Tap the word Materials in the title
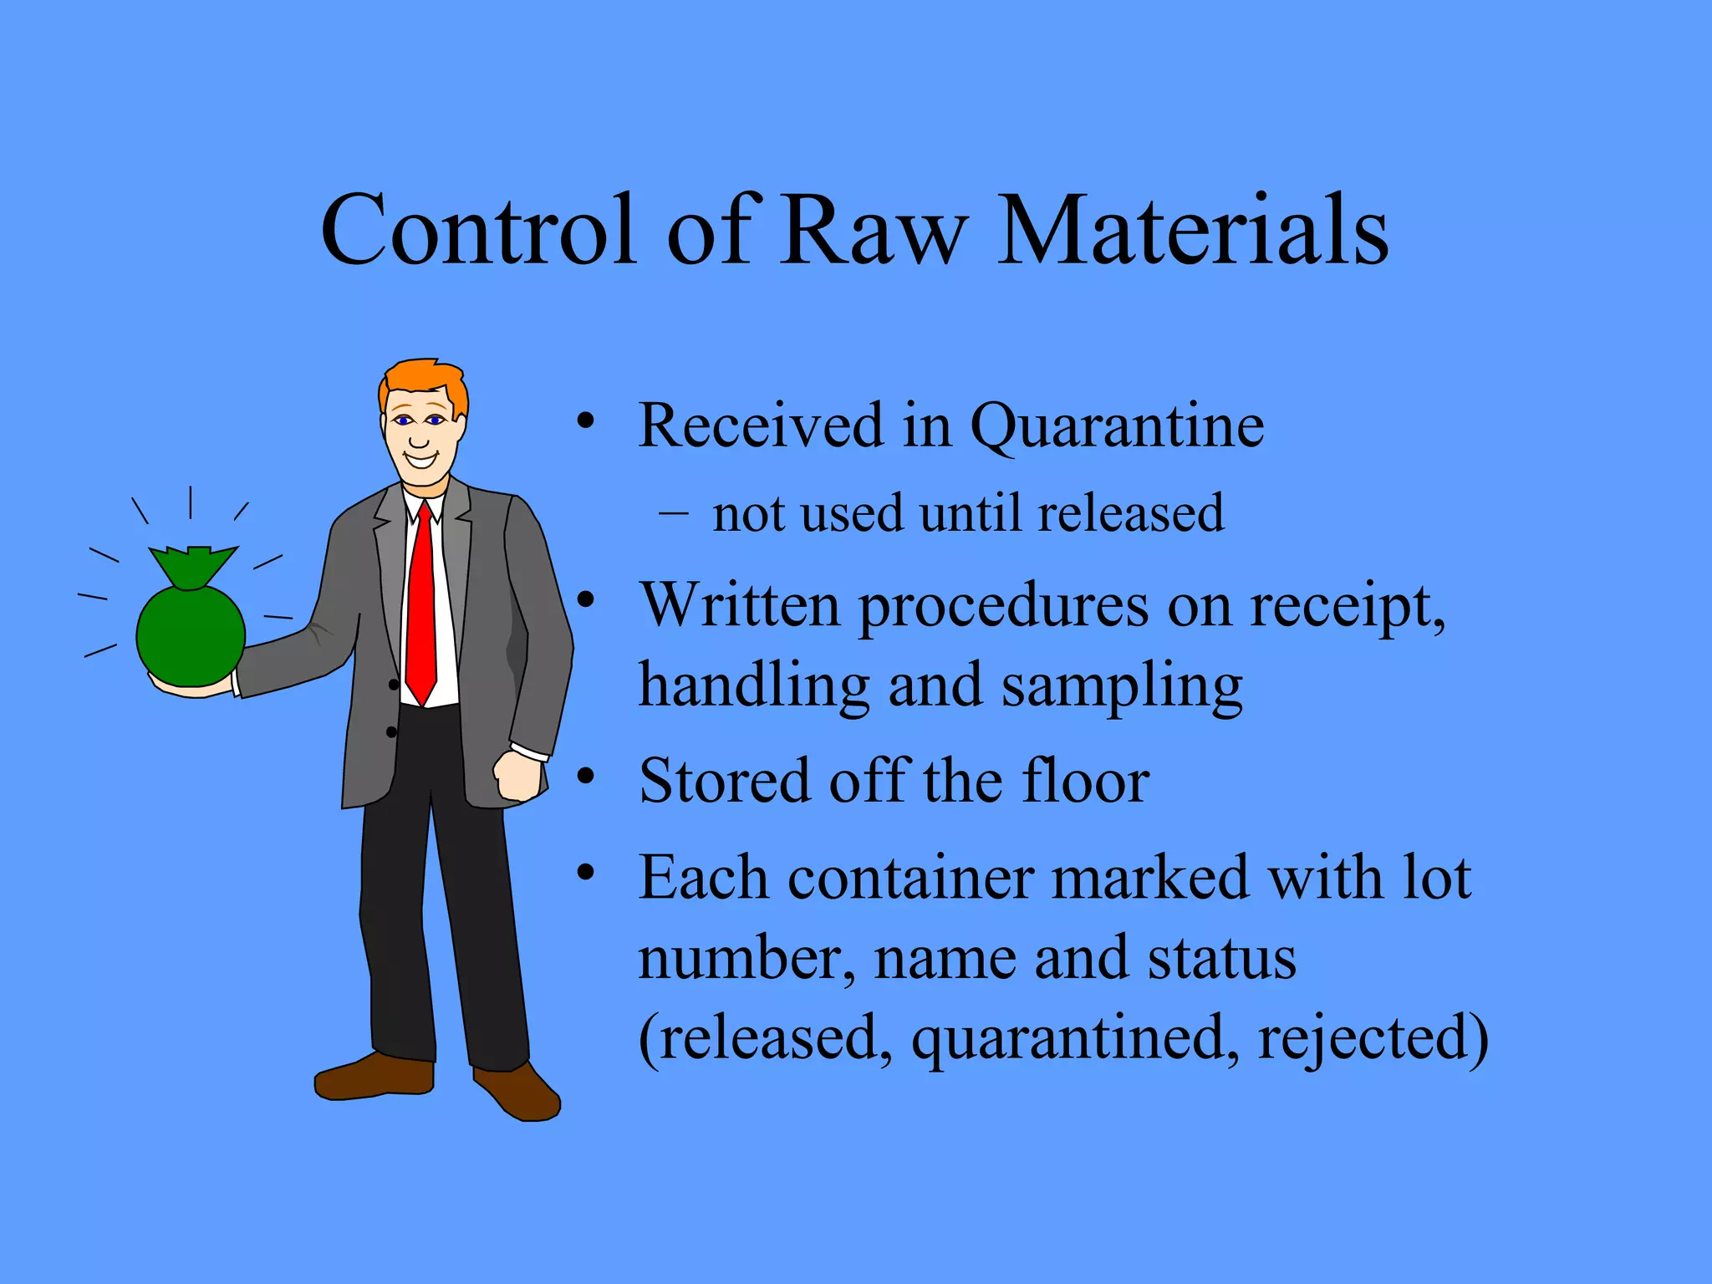1193,230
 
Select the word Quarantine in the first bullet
1117,426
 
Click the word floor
1087,781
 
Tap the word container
910,879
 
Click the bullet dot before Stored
586,777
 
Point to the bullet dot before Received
586,420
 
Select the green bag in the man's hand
191,627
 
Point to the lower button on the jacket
391,732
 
